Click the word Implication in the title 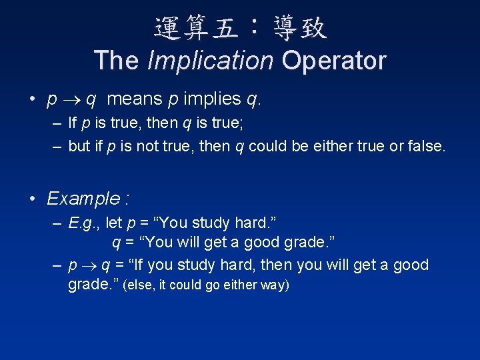(x=210, y=61)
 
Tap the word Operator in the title (x=333, y=61)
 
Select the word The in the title (x=117, y=61)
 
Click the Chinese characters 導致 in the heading (x=299, y=27)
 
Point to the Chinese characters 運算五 (x=194, y=27)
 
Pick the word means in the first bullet (x=134, y=99)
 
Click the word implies (x=213, y=99)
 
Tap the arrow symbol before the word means (x=71, y=100)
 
